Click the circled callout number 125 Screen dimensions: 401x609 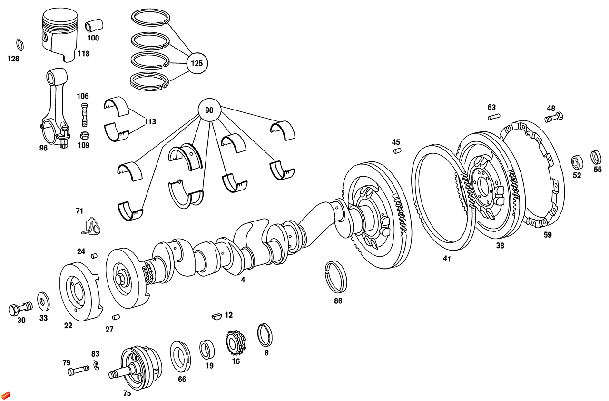[197, 63]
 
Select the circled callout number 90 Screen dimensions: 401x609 [209, 110]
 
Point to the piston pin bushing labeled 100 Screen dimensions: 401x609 [94, 25]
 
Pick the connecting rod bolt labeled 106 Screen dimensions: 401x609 [85, 114]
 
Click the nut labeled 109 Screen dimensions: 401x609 [84, 135]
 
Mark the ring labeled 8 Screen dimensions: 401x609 [265, 335]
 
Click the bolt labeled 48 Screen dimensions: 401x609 [554, 116]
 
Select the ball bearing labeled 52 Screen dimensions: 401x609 [577, 162]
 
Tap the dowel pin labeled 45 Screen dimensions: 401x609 [397, 151]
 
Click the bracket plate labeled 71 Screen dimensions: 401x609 [91, 227]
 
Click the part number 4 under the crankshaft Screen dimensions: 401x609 [243, 281]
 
